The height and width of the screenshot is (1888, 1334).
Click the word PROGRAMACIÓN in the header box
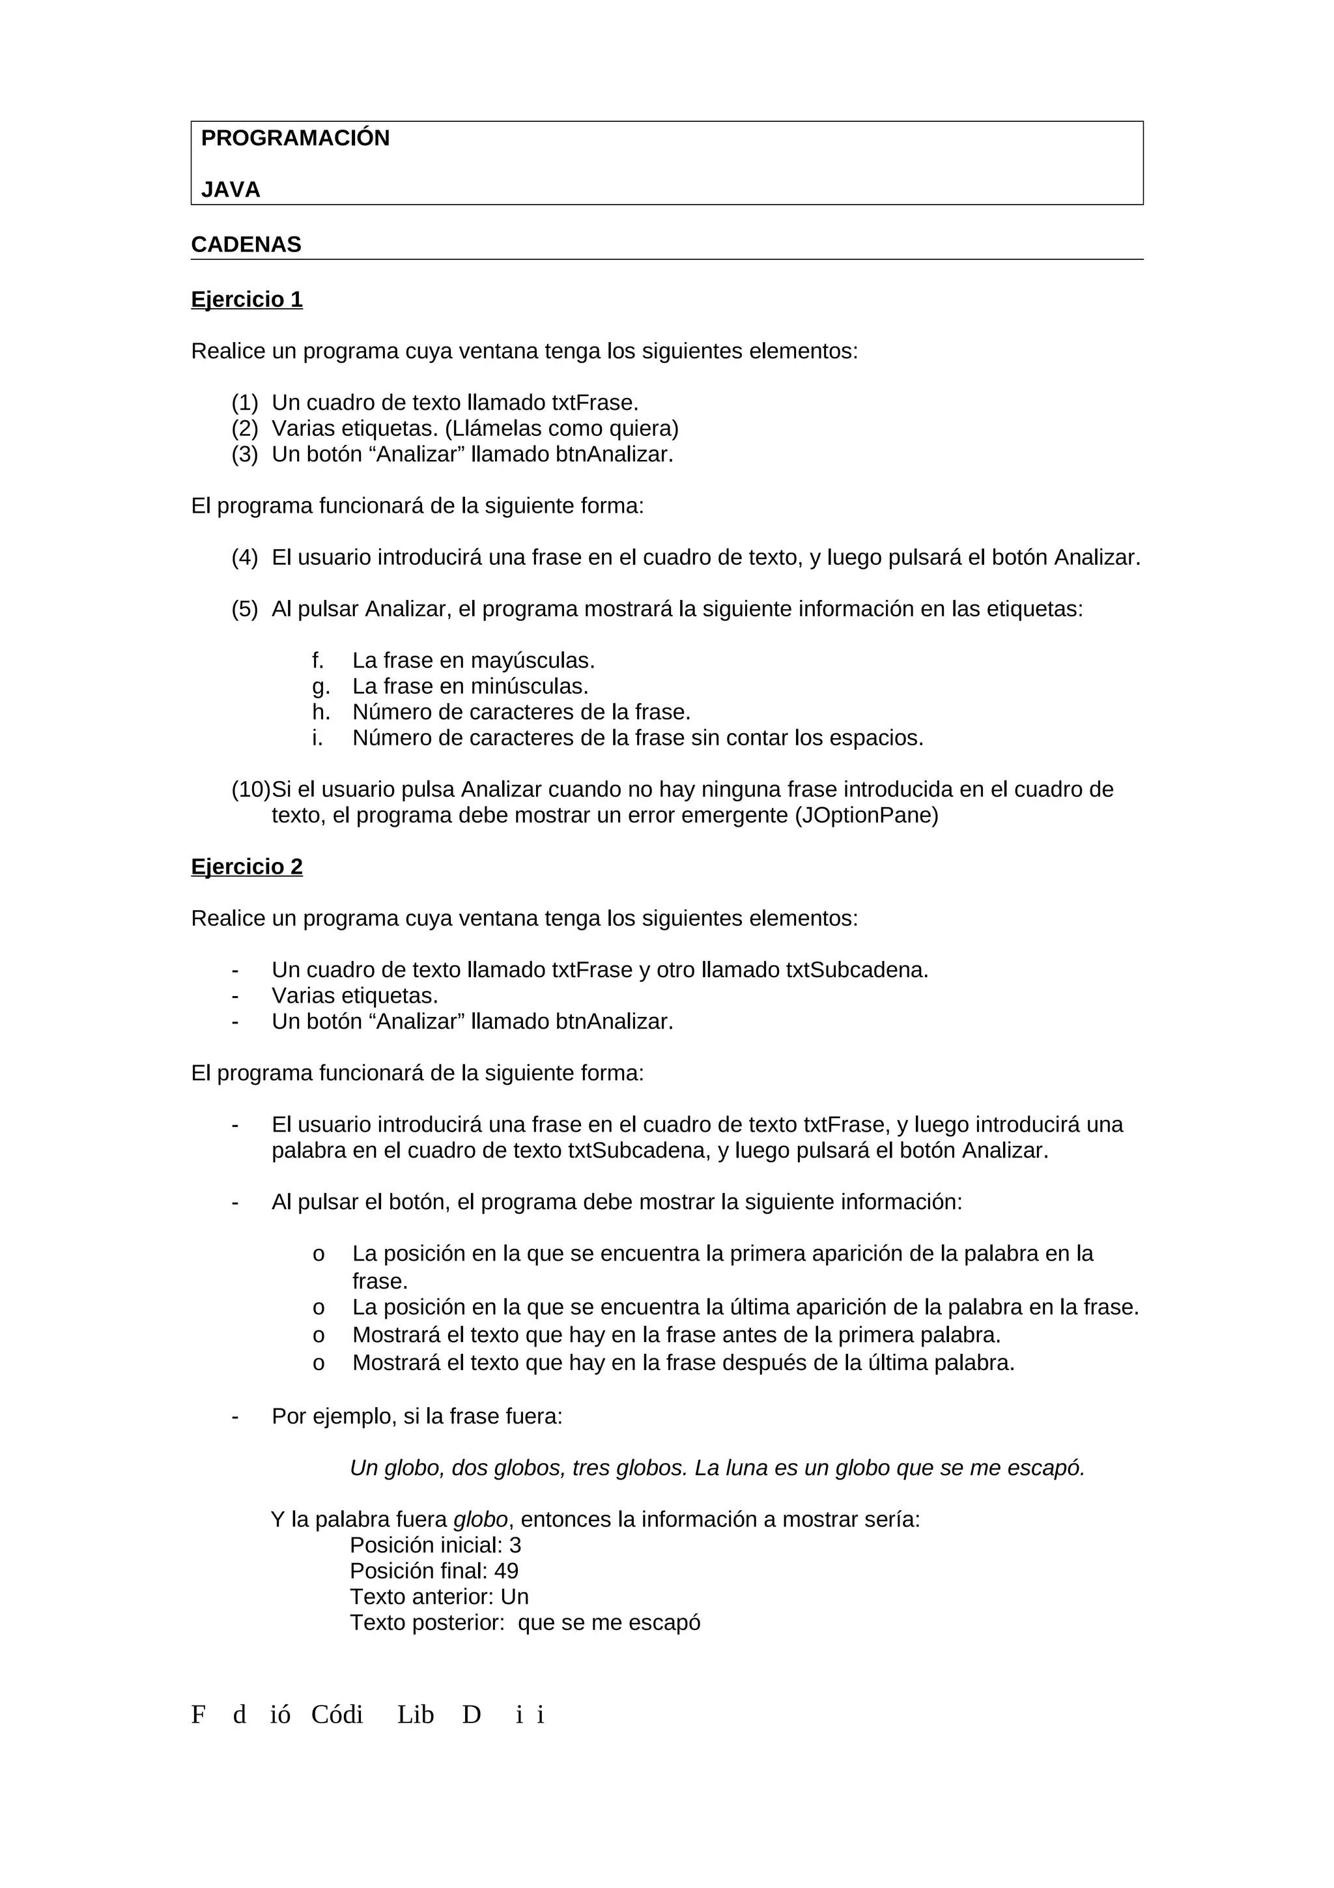pyautogui.click(x=295, y=138)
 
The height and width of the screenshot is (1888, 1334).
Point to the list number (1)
pyautogui.click(x=244, y=403)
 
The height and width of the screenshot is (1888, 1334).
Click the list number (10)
pyautogui.click(x=250, y=790)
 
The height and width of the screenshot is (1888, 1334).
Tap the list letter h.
pyautogui.click(x=320, y=712)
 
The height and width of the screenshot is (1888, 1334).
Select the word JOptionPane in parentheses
pyautogui.click(x=866, y=816)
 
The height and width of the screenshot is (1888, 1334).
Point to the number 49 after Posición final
pyautogui.click(x=506, y=1571)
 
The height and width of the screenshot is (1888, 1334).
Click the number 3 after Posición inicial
pyautogui.click(x=515, y=1545)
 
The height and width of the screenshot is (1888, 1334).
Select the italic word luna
pyautogui.click(x=744, y=1468)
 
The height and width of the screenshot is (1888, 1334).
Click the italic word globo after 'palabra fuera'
pyautogui.click(x=480, y=1520)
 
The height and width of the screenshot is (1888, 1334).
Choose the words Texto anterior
pyautogui.click(x=421, y=1597)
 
